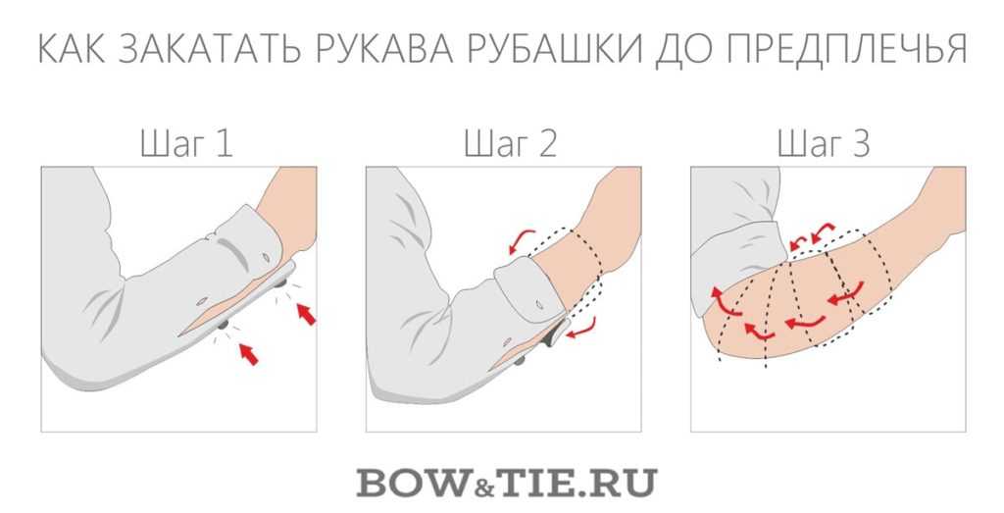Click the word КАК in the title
coord(71,48)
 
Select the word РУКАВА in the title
coord(384,48)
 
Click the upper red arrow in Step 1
coord(306,314)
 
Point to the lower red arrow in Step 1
coord(248,353)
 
